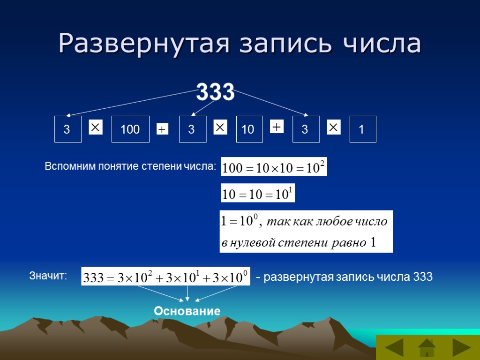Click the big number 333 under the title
(215, 92)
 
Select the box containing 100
(130, 129)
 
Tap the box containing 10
(249, 129)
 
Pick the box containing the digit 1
(362, 129)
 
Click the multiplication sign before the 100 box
(96, 127)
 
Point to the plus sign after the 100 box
(162, 129)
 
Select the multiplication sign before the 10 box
(220, 127)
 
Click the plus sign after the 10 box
(277, 127)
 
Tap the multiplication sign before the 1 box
(333, 127)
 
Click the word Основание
(187, 311)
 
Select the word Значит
(48, 277)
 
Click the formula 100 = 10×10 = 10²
(274, 167)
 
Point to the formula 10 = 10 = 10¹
(258, 193)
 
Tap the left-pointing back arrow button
(394, 349)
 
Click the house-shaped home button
(427, 348)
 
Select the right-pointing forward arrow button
(461, 349)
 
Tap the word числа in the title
(382, 44)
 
